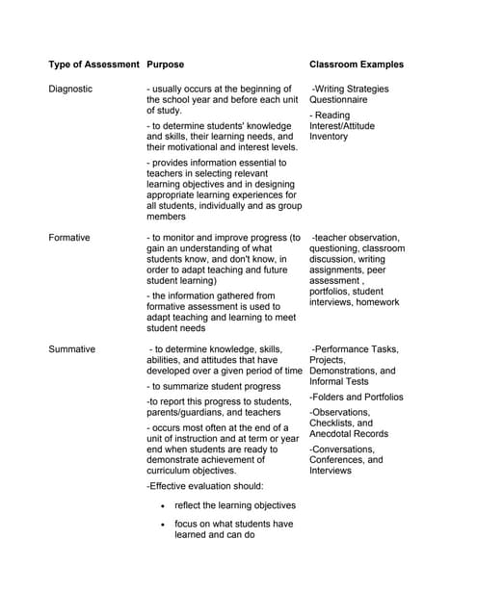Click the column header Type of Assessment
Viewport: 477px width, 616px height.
coord(93,64)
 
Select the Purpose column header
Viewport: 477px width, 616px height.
coord(165,64)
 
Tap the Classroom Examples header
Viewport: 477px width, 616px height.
coord(357,64)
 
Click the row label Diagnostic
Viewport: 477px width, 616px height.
coord(70,89)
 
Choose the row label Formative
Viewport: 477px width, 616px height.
coord(69,237)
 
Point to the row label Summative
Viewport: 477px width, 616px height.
coord(72,349)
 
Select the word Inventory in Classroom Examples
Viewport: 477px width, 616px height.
coord(329,137)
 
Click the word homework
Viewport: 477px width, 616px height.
coord(377,302)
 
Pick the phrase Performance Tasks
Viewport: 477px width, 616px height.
coord(358,349)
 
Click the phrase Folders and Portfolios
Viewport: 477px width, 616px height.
coord(357,397)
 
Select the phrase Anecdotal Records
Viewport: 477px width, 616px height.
coord(349,434)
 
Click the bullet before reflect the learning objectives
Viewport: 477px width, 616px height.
coord(164,505)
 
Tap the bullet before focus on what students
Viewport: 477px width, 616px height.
coord(164,525)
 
